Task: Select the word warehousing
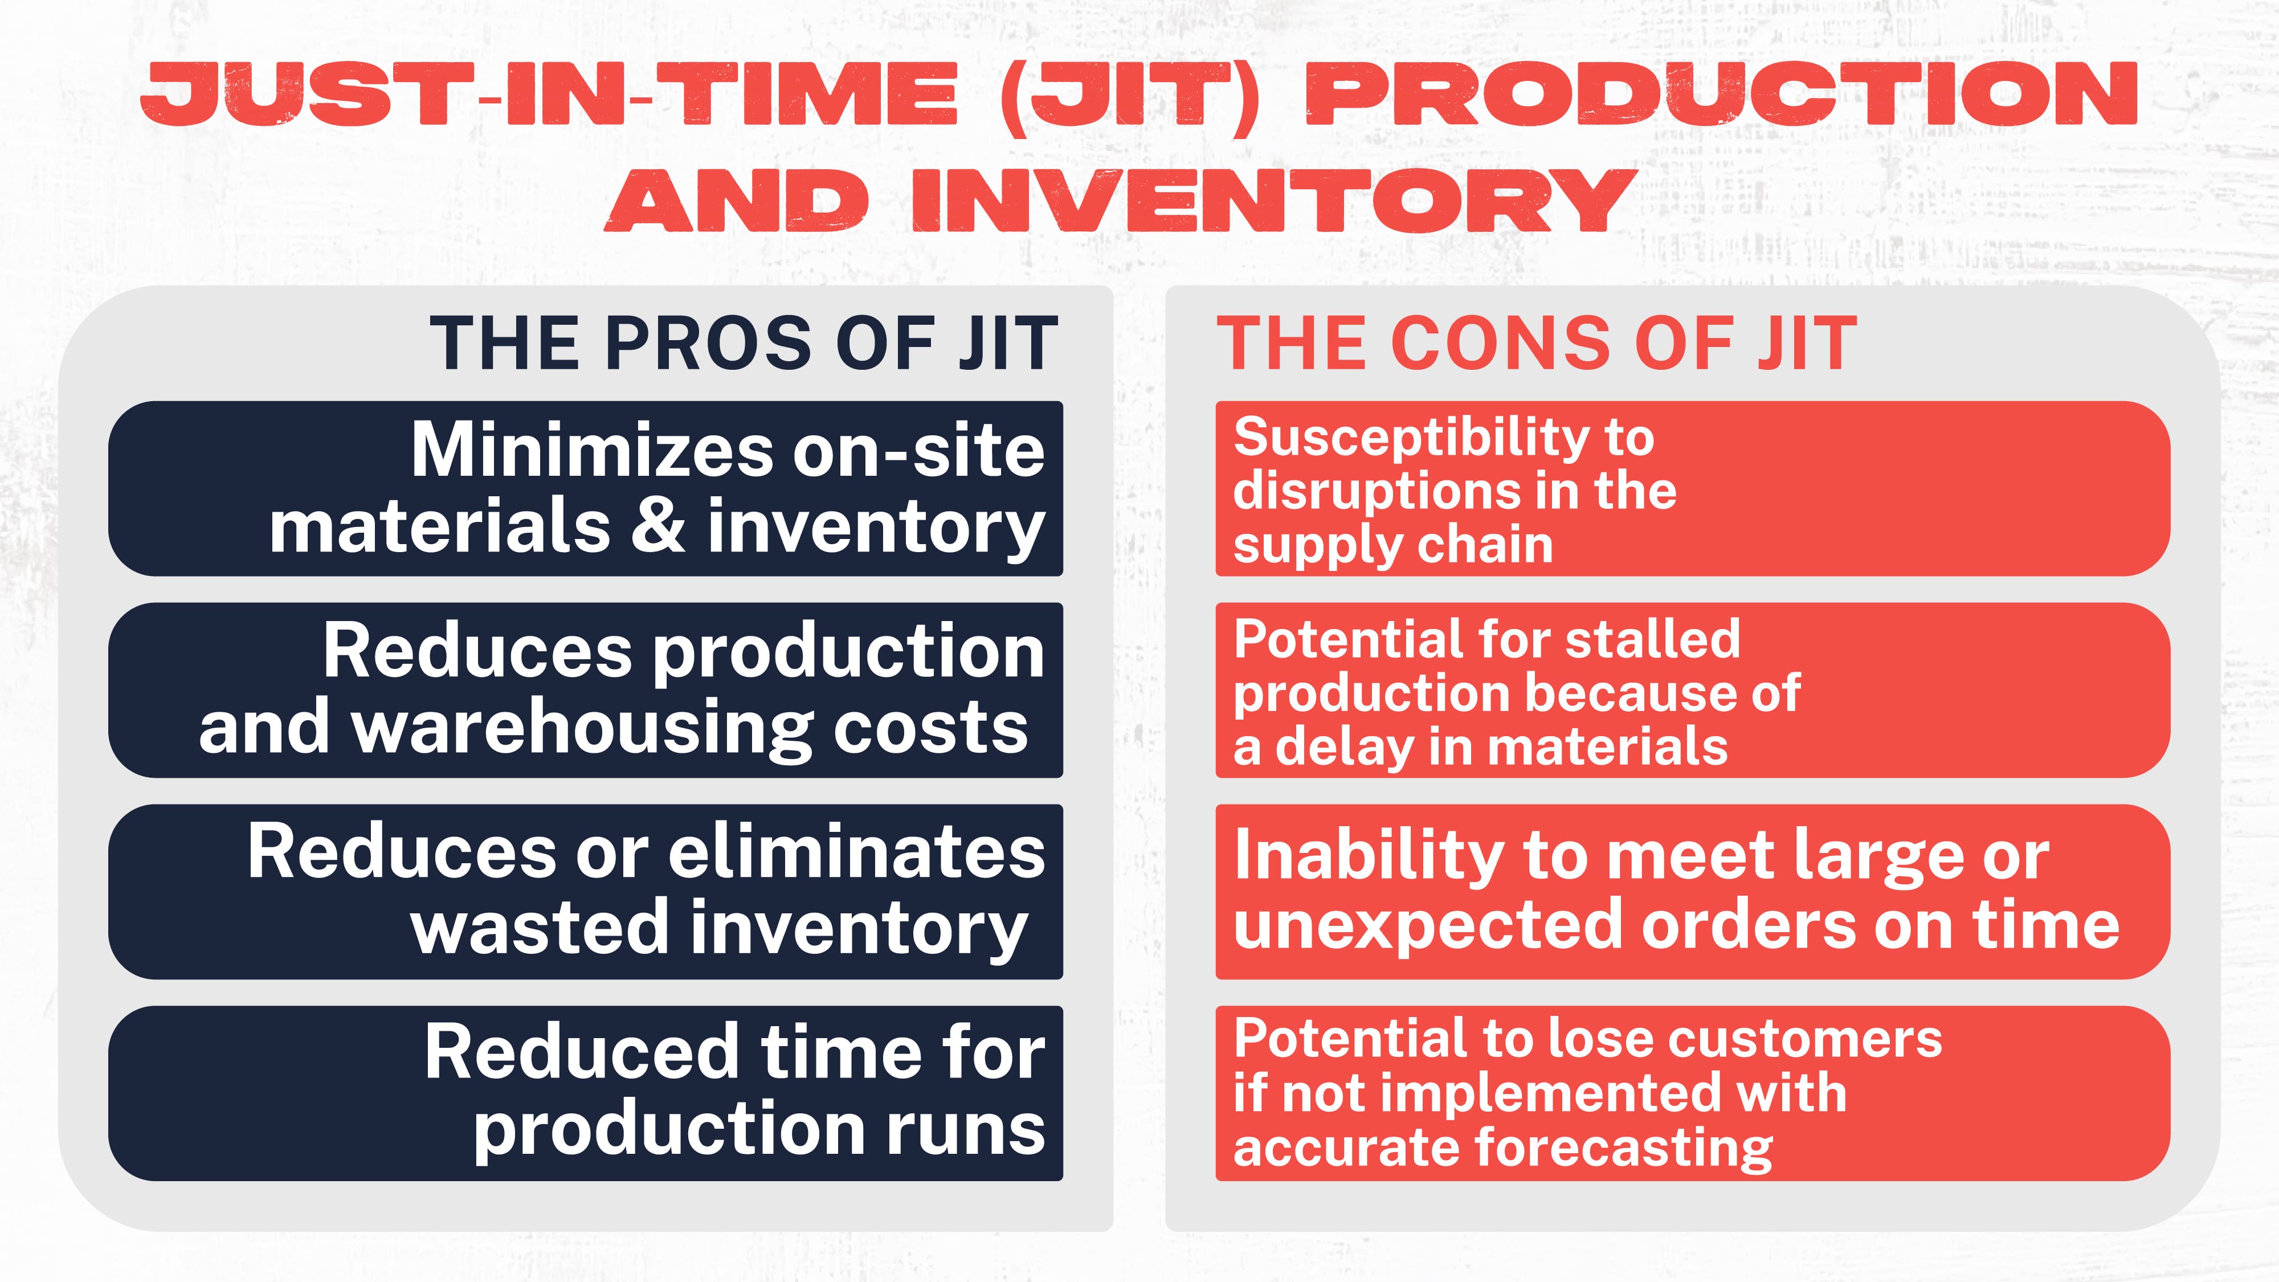(582, 727)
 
